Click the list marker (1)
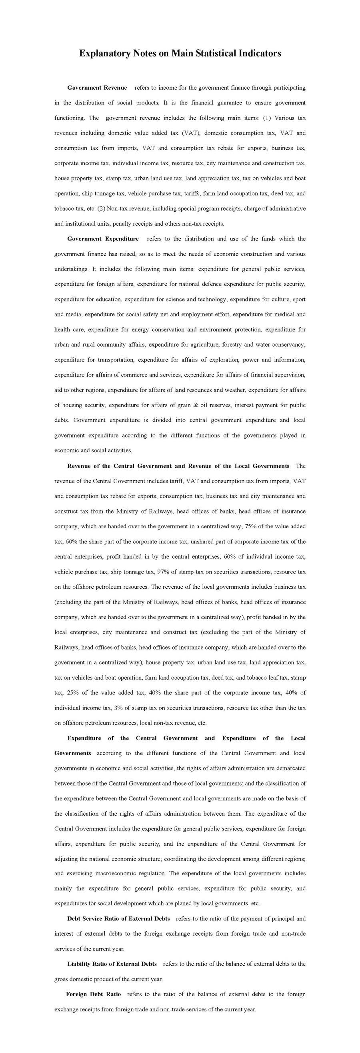pyautogui.click(x=267, y=118)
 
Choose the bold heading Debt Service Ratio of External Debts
pyautogui.click(x=118, y=919)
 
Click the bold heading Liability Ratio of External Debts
pyautogui.click(x=112, y=964)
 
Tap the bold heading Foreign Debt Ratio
pyautogui.click(x=94, y=994)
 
